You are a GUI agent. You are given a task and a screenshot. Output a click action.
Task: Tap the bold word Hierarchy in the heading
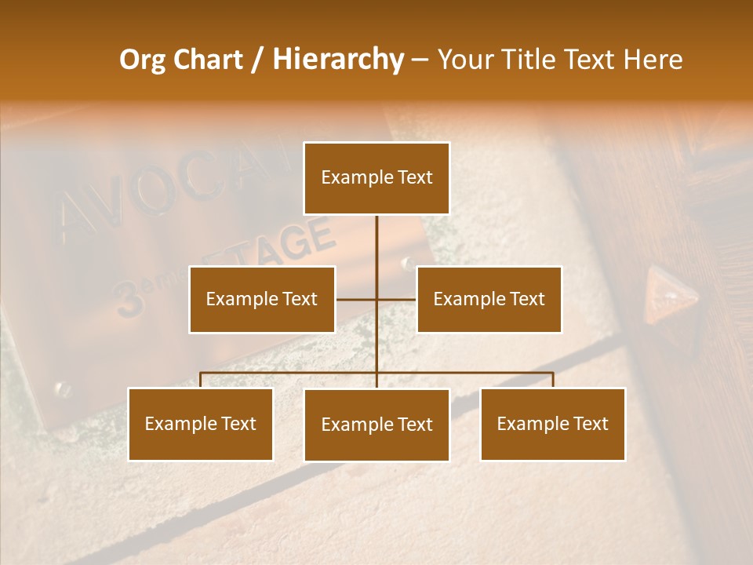[337, 60]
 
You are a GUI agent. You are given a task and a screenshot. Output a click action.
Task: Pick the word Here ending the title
[653, 60]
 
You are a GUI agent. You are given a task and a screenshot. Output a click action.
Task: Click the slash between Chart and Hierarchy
[257, 60]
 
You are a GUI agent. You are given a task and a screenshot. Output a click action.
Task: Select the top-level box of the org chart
[376, 178]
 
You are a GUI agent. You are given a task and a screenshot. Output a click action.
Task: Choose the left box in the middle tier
[262, 299]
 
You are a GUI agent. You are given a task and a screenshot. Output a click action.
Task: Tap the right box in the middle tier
[489, 299]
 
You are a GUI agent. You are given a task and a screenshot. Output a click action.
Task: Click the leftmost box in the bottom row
[200, 424]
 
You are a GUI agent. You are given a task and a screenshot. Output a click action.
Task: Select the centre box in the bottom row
[376, 425]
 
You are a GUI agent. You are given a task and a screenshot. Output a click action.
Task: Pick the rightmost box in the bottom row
[552, 424]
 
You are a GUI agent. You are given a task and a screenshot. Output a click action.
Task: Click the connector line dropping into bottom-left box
[201, 380]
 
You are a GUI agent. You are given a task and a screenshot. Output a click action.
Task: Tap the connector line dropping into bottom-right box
[553, 380]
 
